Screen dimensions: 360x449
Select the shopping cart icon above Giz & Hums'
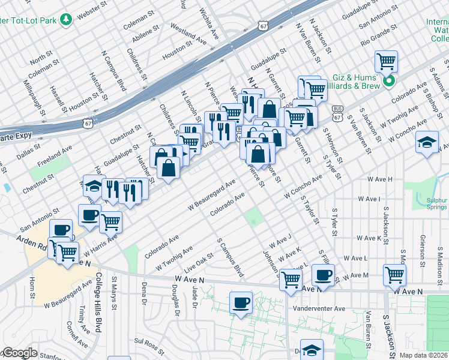387,61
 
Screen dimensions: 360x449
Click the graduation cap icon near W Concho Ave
427,142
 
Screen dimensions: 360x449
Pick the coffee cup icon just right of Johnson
324,276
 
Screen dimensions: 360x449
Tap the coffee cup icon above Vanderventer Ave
241,302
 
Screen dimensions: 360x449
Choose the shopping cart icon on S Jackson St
395,275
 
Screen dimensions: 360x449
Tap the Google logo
19,353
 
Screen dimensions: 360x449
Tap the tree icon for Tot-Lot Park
65,20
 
